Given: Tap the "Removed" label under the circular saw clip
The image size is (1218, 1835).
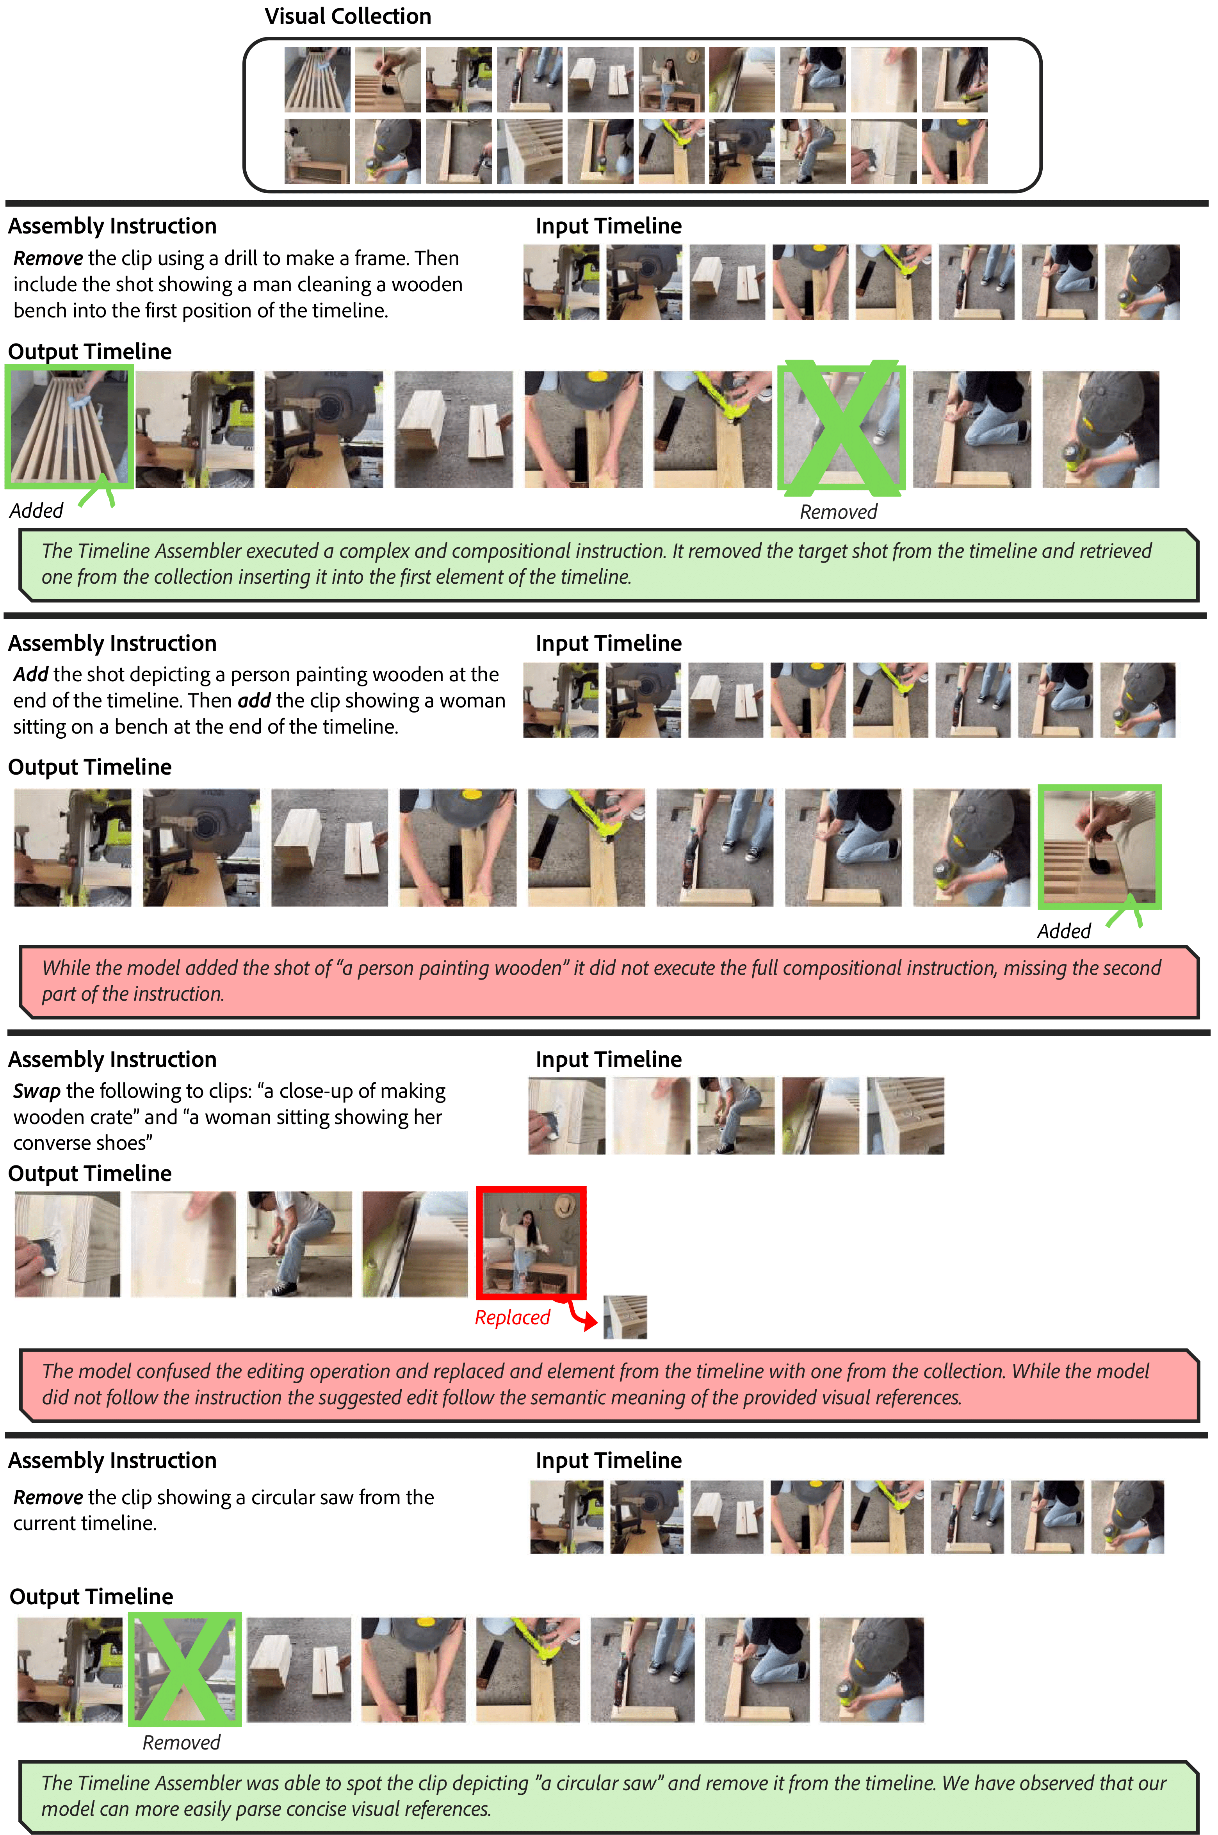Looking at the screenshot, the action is [x=181, y=1742].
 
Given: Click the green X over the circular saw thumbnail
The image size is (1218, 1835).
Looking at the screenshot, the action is [x=184, y=1669].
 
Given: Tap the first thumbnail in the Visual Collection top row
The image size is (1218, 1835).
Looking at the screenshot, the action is [x=317, y=79].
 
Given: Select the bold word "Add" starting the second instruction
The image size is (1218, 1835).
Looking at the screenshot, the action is [x=31, y=674].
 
